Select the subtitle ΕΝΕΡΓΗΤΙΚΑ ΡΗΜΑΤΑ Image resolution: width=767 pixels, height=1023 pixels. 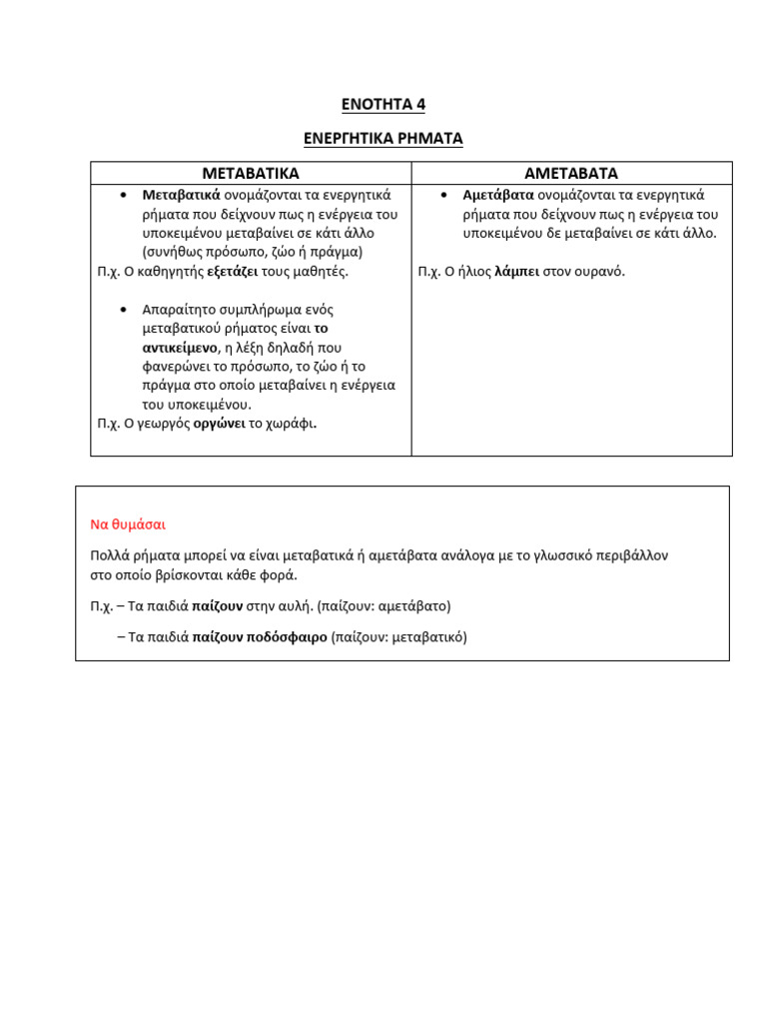pos(383,139)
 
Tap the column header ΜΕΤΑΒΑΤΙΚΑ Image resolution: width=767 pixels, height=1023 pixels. pos(251,174)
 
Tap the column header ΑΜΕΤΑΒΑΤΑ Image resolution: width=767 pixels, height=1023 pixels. pos(571,174)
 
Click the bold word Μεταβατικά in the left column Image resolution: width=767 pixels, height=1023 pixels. pos(181,195)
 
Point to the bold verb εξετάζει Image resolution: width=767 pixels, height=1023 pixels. pos(233,271)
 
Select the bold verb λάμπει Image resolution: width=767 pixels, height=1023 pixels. pos(517,271)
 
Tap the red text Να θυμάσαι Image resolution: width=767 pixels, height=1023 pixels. pos(128,523)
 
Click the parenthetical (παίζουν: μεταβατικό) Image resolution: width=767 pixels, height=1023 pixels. pos(399,636)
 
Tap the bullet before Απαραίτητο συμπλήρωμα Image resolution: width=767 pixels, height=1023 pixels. pos(122,309)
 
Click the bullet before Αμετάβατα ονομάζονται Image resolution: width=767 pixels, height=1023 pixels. pos(442,195)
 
